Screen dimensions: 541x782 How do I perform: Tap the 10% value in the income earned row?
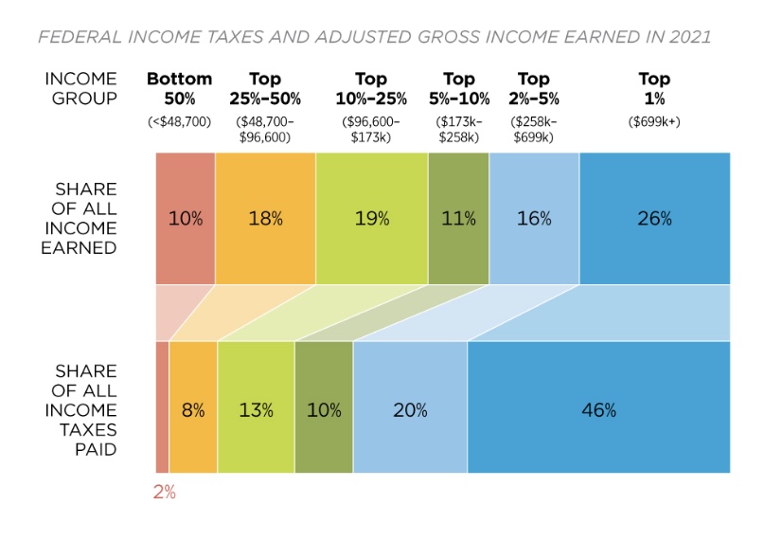pos(186,219)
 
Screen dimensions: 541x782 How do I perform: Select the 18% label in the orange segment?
pos(265,219)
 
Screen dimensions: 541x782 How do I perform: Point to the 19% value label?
pos(371,219)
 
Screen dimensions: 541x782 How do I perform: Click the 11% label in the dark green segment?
pos(458,219)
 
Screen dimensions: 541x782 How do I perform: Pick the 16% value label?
pos(534,219)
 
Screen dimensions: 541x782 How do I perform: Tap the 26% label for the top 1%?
pos(654,219)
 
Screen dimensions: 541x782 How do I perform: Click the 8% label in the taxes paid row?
pos(193,410)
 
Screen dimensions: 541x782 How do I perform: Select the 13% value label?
pos(256,410)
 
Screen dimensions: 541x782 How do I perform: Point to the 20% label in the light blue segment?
pos(410,410)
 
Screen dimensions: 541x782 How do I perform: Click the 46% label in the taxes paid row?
pos(598,410)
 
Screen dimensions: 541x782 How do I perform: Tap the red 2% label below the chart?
pos(165,493)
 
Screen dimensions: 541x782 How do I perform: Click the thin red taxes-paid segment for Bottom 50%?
pos(162,407)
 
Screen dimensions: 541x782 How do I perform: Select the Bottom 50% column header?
pos(179,88)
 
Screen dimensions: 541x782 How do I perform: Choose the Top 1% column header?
pos(653,88)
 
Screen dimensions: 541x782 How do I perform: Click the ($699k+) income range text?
pos(653,121)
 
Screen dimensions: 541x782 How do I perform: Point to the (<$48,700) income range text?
pos(179,121)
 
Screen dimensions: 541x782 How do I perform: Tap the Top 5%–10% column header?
pos(458,88)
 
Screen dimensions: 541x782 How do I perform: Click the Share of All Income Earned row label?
pos(86,219)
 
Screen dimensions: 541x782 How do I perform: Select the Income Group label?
pos(81,88)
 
